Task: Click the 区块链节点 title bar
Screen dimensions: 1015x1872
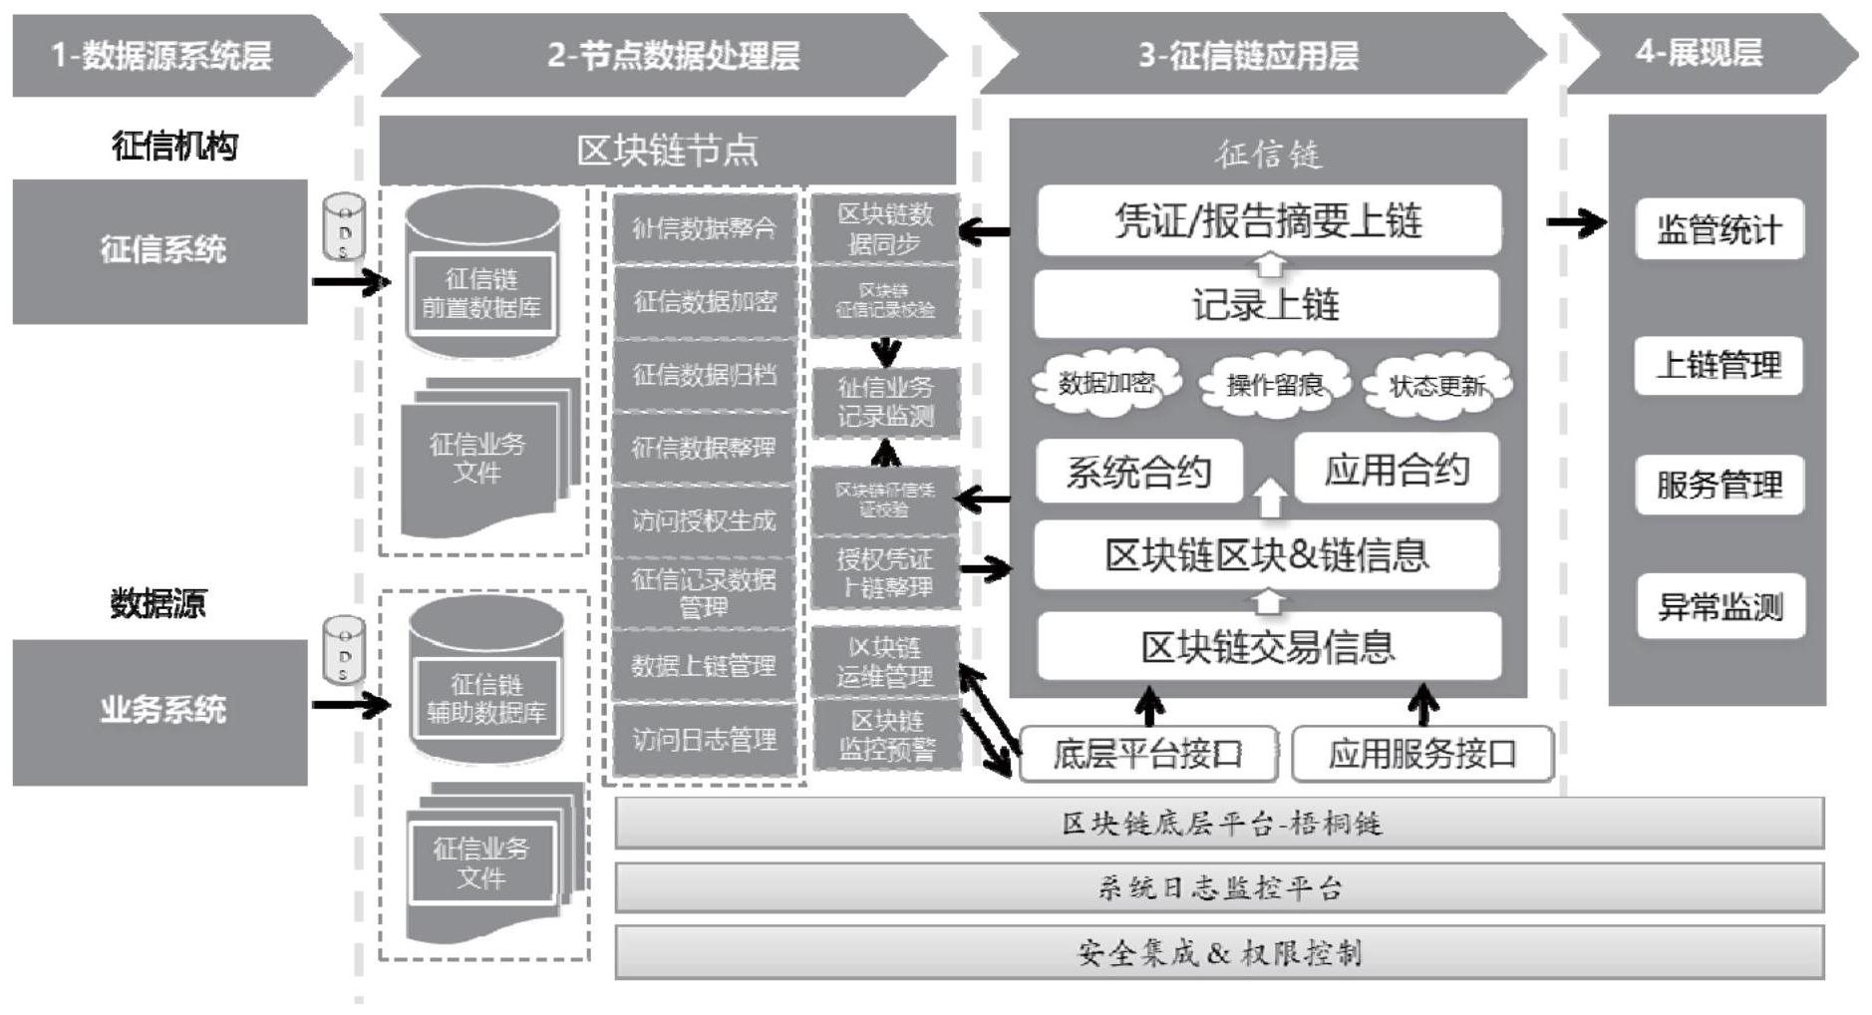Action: [x=667, y=151]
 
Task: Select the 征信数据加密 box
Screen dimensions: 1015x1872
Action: [x=704, y=302]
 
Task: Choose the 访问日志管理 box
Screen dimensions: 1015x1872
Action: [x=704, y=740]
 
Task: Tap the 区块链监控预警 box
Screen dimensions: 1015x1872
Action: [x=886, y=736]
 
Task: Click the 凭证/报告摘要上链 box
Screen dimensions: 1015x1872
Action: [x=1268, y=221]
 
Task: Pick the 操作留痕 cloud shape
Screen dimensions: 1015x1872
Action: [x=1274, y=384]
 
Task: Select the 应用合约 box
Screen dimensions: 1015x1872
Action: [x=1396, y=470]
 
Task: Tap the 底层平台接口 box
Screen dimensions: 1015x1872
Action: [x=1147, y=755]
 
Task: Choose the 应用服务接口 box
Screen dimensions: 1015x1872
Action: [x=1421, y=755]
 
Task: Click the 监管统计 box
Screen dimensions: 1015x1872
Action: [x=1718, y=230]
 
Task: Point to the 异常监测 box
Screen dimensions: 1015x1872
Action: [x=1719, y=606]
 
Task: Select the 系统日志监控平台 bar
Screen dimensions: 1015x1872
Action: [x=1219, y=887]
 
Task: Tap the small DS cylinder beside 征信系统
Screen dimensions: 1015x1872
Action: [x=344, y=226]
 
